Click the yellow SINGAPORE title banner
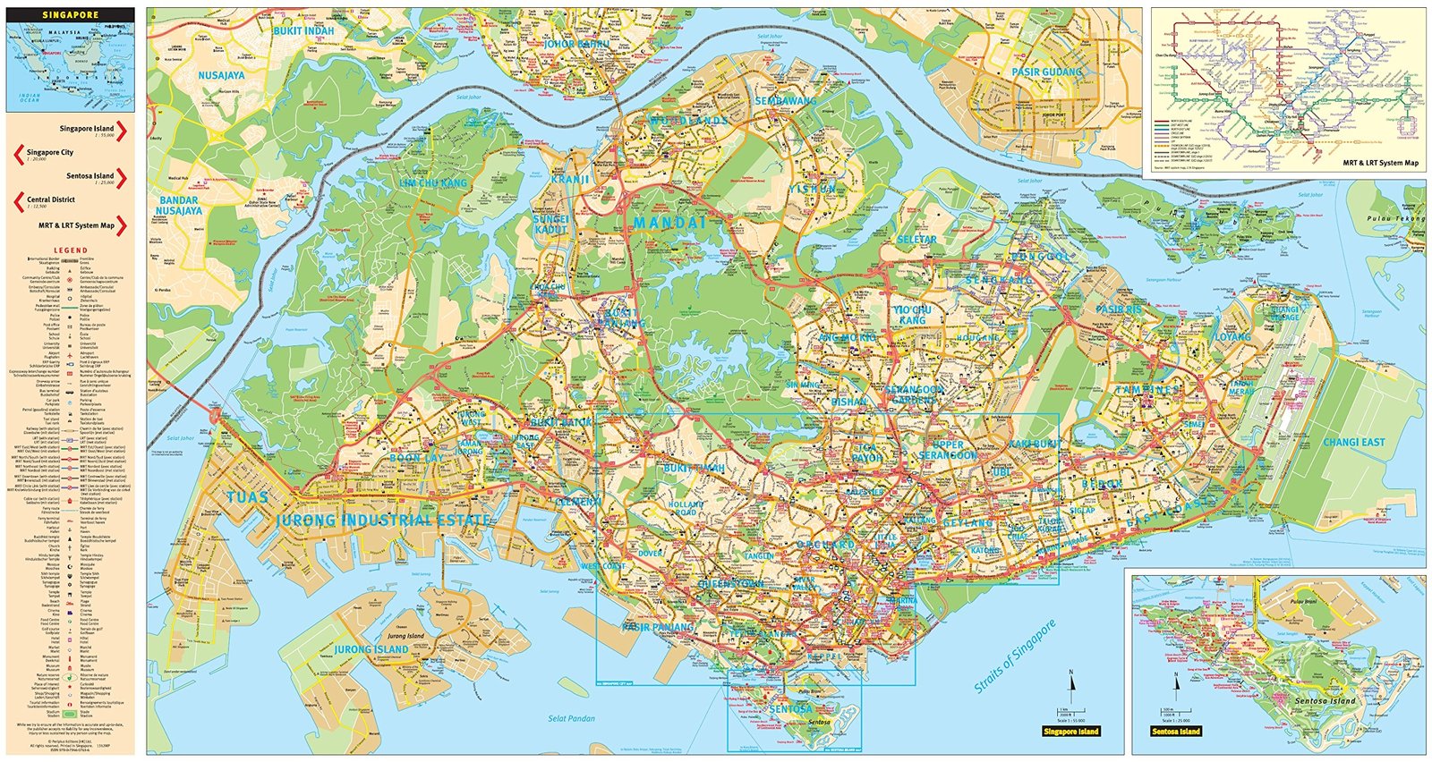click(71, 15)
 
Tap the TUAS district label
click(247, 498)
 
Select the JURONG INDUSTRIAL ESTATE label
click(383, 520)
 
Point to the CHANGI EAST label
click(1353, 442)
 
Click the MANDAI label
click(669, 223)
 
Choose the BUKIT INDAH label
click(303, 30)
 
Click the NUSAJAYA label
click(221, 75)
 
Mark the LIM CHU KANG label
click(433, 182)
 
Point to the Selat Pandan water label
click(571, 718)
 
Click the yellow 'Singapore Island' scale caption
click(1070, 732)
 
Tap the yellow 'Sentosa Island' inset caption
click(1175, 732)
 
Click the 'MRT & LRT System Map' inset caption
click(1380, 163)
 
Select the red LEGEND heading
click(71, 250)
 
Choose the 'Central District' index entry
click(51, 200)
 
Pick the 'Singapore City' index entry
click(50, 153)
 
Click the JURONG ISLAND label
click(371, 648)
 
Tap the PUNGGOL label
click(1040, 257)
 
